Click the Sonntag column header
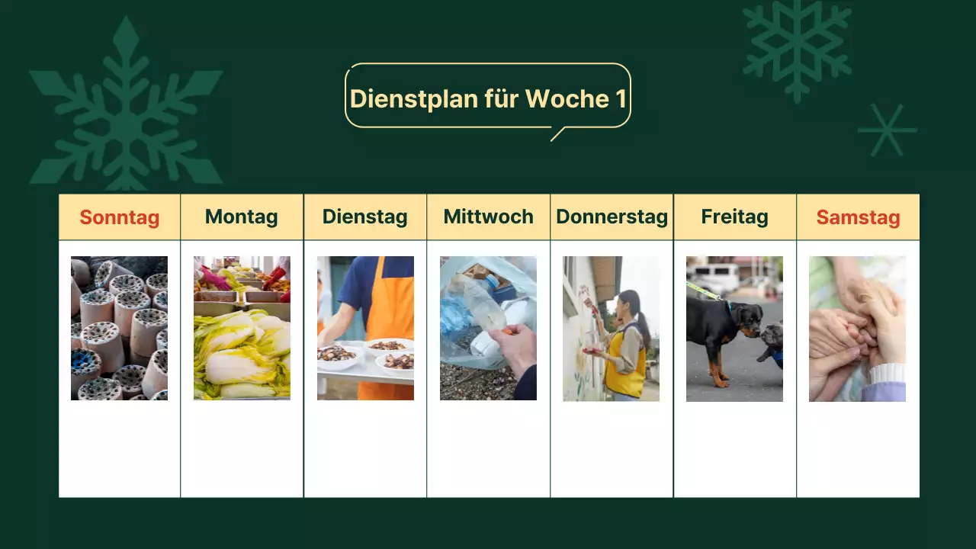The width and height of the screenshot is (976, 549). point(120,217)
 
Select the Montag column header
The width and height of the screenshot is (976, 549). point(242,217)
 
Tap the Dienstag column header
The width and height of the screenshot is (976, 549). point(365,217)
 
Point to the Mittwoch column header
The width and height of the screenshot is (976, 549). point(488,217)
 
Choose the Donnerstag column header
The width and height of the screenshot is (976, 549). point(612,217)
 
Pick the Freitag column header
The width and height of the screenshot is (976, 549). point(734,217)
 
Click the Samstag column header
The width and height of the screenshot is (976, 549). point(858,217)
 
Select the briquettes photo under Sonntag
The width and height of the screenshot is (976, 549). point(120,328)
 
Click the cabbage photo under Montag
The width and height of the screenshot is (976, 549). point(242,328)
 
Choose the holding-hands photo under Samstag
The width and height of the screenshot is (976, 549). point(858,328)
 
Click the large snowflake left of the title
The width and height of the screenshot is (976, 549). point(126,107)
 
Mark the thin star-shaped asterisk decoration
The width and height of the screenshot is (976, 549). point(887,130)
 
